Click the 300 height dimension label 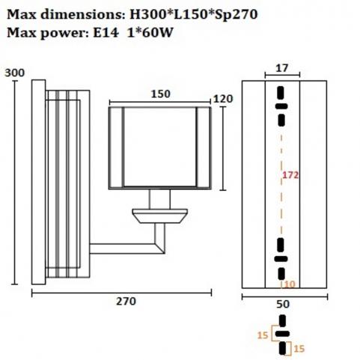(15, 73)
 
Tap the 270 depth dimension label (126, 302)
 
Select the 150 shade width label (161, 94)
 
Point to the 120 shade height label (223, 99)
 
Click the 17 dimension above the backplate (282, 68)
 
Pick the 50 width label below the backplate (283, 304)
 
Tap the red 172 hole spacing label (290, 175)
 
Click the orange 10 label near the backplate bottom (290, 284)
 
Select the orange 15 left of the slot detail (263, 335)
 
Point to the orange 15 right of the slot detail (299, 349)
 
